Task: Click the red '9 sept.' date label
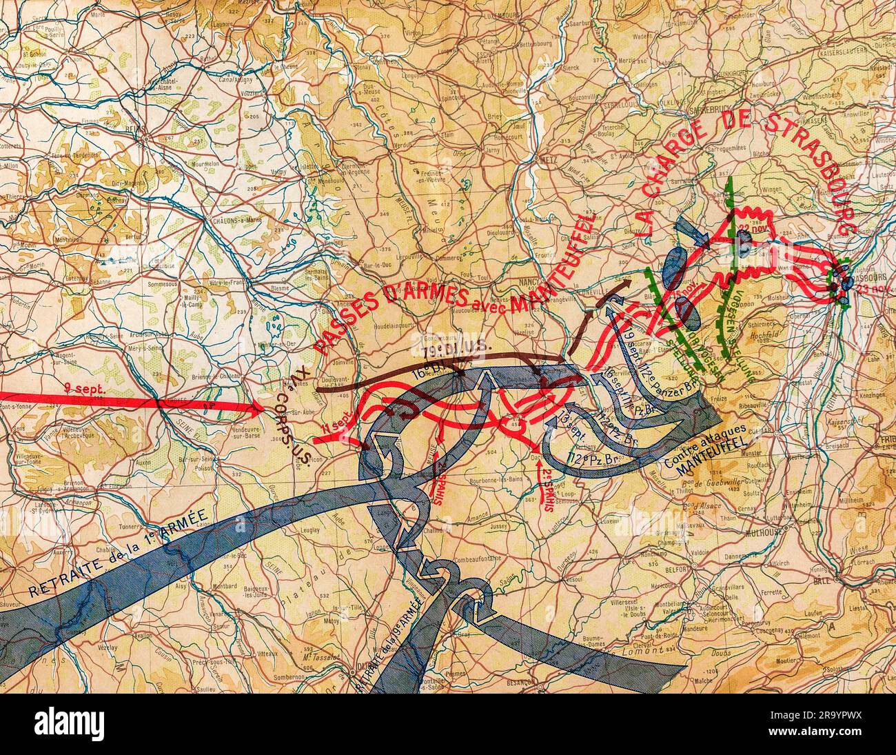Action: pos(85,389)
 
